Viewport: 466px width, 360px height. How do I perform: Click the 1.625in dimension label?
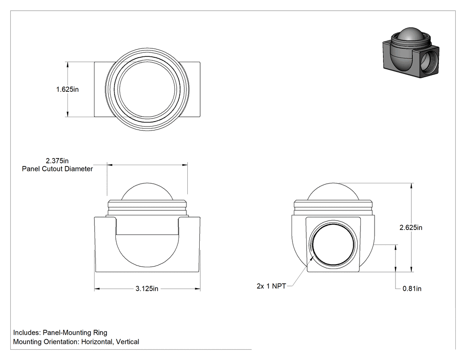coord(67,89)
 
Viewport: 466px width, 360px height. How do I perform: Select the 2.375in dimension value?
coord(57,161)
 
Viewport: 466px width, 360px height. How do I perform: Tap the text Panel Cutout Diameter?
coord(57,169)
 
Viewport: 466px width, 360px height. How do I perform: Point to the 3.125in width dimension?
coord(147,289)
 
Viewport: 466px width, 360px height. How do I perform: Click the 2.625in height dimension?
coord(411,227)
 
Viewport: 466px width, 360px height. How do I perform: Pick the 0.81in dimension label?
coord(412,289)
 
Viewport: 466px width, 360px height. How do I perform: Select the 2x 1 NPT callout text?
coord(271,286)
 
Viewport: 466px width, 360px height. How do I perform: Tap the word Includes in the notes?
coord(27,332)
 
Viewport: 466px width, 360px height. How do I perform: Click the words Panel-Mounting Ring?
coord(75,332)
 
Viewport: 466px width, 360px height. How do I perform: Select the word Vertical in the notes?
coord(127,342)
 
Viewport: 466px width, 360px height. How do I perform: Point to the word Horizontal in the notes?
coord(97,342)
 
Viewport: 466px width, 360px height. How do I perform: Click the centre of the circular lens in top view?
coord(147,89)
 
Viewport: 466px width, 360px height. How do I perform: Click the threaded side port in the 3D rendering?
coord(429,63)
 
